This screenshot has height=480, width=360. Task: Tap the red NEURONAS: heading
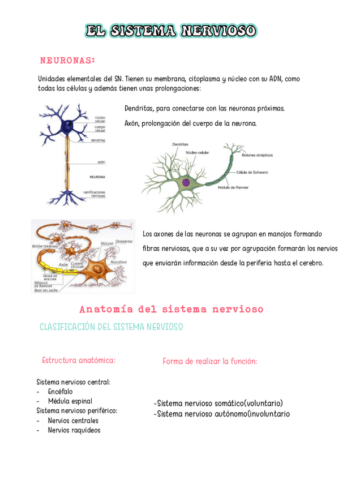tap(67, 60)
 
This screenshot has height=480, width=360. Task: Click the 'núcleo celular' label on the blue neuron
tap(100, 119)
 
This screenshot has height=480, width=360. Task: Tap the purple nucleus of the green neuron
tap(186, 182)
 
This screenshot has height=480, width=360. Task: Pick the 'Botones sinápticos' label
tap(258, 154)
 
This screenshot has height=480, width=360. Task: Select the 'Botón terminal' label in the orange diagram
tap(46, 247)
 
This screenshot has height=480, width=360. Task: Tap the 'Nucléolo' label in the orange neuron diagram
tap(118, 262)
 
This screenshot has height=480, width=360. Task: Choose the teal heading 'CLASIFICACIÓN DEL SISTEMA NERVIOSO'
tap(112, 327)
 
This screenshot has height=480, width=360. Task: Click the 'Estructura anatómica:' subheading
tap(79, 360)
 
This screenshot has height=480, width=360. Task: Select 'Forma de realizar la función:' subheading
tap(209, 361)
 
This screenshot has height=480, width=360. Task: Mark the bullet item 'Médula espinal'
tap(70, 401)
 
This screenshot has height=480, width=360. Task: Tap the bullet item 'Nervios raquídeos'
tap(74, 430)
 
